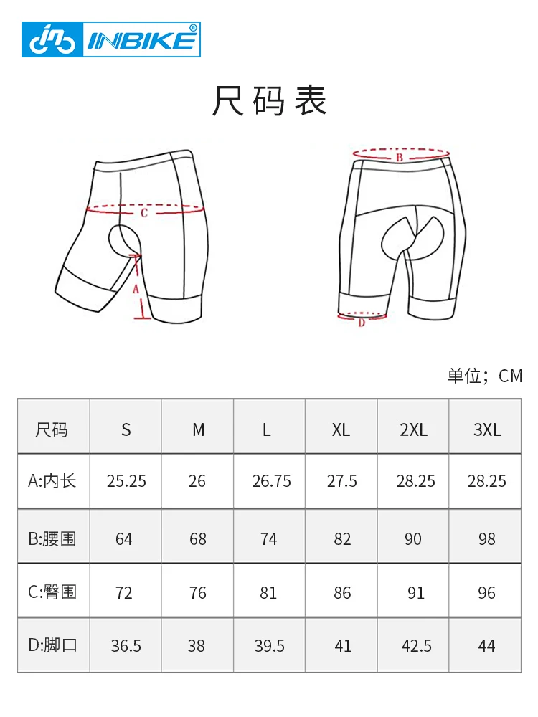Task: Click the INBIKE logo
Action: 110,39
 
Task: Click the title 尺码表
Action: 269,101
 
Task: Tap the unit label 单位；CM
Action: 485,376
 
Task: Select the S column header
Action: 126,430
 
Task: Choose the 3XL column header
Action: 487,430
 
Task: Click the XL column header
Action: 341,430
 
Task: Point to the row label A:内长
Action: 52,481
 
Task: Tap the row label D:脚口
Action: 52,645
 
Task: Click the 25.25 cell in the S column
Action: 126,481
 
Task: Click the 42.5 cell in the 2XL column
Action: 416,646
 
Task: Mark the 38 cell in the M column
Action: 197,646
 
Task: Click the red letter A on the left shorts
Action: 135,289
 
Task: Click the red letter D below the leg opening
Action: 362,323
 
